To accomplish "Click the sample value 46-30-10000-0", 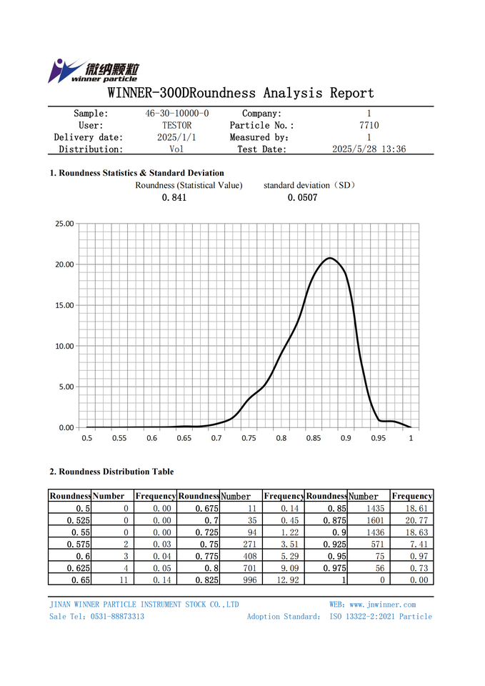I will (177, 114).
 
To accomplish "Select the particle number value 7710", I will (369, 126).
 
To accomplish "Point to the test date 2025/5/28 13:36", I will (369, 149).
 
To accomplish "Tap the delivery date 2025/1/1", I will (176, 137).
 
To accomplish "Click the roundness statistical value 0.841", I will (174, 198).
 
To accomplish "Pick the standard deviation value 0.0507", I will (303, 198).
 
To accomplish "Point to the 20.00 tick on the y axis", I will (65, 264).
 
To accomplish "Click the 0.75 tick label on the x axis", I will (249, 438).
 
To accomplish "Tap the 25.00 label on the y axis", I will (65, 224).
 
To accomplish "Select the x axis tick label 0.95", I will (379, 438).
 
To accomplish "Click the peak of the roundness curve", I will (329, 258).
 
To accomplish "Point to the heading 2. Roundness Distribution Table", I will (111, 472).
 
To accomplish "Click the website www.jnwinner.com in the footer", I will (382, 605).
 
